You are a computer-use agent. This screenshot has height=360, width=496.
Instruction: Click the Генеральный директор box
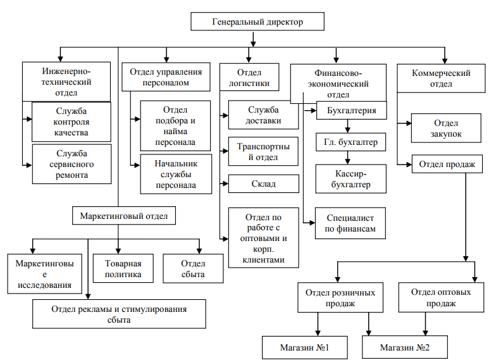point(257,22)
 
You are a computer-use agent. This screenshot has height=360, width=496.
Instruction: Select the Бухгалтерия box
point(350,111)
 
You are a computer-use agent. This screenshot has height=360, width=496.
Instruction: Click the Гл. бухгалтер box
point(350,142)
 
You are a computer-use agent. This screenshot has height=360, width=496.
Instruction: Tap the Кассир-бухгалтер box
point(350,178)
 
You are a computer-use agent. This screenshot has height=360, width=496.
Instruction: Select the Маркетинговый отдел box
point(123,216)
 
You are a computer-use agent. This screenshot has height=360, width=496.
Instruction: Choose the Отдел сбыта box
point(193,268)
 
